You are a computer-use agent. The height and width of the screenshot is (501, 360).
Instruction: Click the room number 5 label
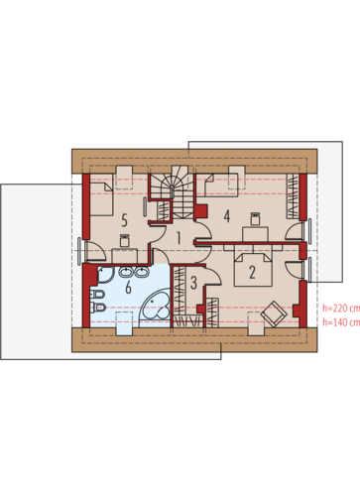[124, 220]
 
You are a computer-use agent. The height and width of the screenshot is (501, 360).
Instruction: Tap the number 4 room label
[227, 216]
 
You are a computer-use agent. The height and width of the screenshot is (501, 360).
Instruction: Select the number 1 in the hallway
[179, 238]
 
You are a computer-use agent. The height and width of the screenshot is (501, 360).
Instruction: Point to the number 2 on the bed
[252, 272]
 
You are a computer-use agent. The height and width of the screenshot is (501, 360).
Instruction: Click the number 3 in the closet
[193, 283]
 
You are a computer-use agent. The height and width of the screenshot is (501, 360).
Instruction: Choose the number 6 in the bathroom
[128, 288]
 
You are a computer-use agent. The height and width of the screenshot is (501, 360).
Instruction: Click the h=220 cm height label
[341, 309]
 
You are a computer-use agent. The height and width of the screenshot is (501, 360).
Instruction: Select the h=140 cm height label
[341, 322]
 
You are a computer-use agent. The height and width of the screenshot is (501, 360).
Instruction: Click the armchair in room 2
[273, 313]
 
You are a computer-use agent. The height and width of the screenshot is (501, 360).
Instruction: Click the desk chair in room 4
[255, 218]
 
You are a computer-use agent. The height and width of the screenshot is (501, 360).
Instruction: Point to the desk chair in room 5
[124, 240]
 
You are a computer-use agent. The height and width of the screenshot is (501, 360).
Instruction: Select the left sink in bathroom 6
[126, 273]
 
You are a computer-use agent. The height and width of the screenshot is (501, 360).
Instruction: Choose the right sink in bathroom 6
[142, 273]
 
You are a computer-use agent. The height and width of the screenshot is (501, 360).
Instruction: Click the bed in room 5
[102, 199]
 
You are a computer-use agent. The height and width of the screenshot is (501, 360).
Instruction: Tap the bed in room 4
[221, 185]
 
